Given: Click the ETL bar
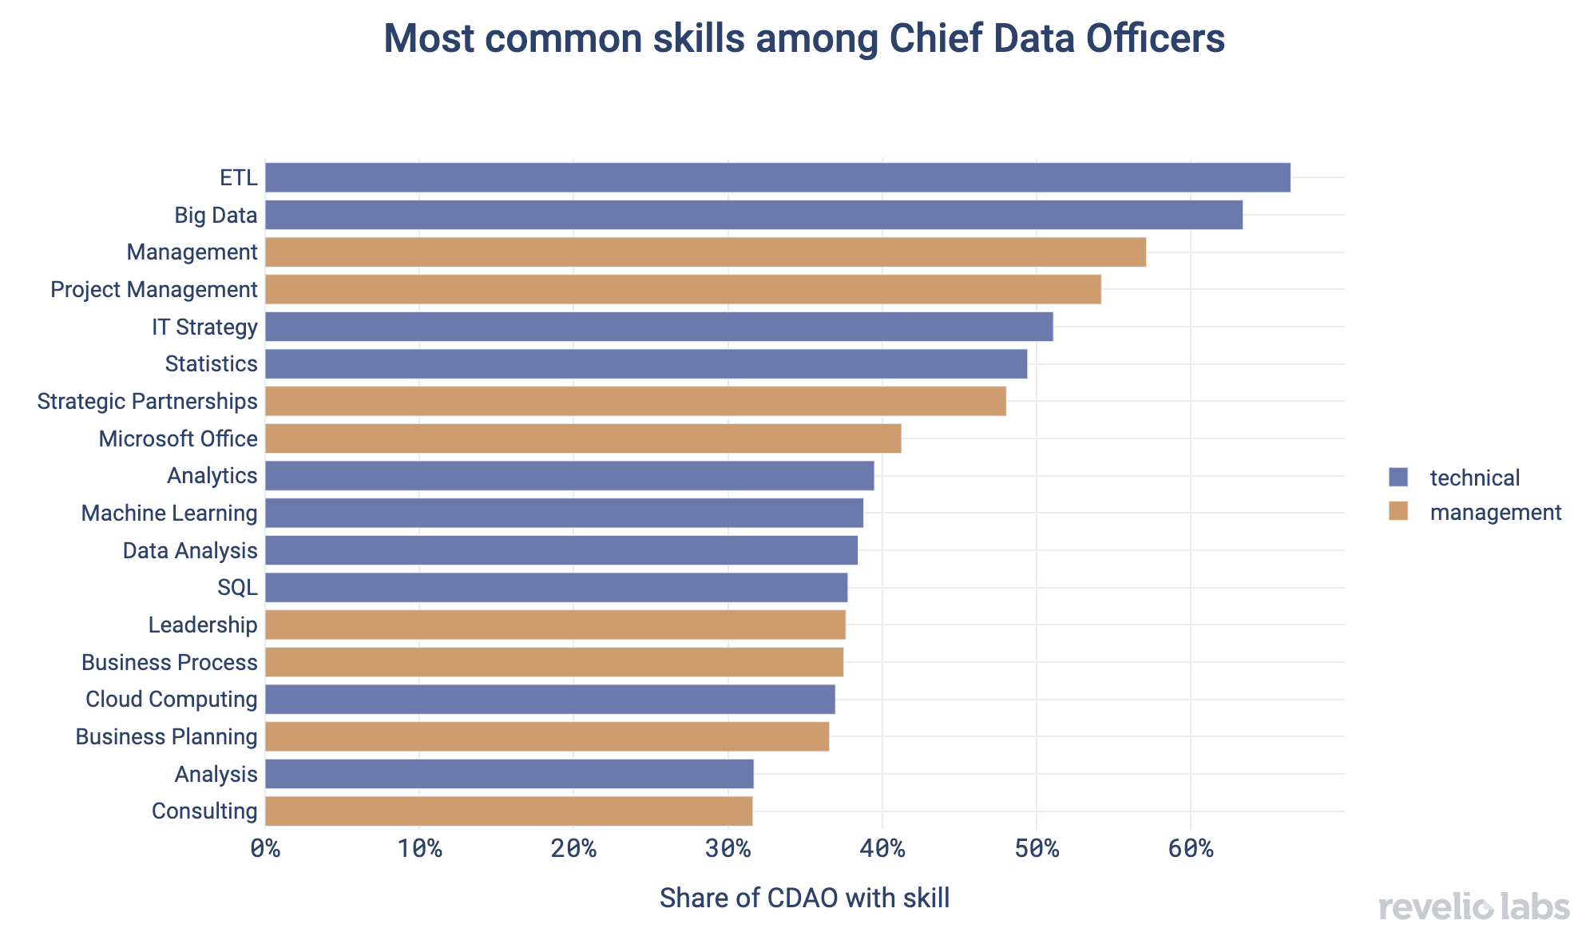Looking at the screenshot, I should (777, 177).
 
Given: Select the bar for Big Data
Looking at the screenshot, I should (753, 215).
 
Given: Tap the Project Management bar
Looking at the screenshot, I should (683, 289).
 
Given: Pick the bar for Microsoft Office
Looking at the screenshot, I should (583, 438).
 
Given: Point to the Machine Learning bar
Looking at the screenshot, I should (564, 513).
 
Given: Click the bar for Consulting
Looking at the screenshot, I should (508, 811).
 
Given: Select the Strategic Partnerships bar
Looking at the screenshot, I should (635, 401).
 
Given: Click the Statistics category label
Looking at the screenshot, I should (211, 364).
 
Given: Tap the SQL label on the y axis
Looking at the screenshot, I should (237, 588).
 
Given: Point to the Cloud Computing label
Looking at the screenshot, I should (171, 700).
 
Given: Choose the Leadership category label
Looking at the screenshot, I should (203, 625).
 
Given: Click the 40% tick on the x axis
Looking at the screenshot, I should (882, 848).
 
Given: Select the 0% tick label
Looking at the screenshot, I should (265, 848).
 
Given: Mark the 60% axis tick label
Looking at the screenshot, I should (1191, 848).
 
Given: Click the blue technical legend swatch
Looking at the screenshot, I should (1398, 477).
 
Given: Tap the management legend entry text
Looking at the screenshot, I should (1495, 512).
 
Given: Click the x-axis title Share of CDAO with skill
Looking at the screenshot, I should (804, 898).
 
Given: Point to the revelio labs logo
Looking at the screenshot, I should (1473, 908).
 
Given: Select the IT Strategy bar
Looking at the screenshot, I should (659, 327).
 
